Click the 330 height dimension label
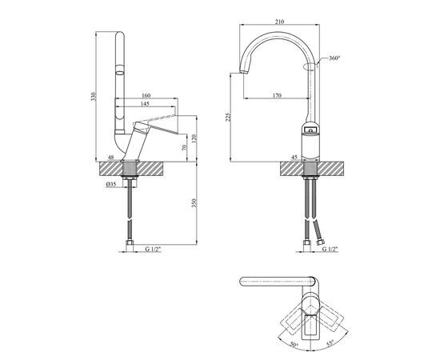(x=94, y=97)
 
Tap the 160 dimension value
(x=146, y=95)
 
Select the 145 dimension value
(x=145, y=104)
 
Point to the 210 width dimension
(x=279, y=22)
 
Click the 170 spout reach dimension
(x=277, y=96)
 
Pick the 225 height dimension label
(x=228, y=117)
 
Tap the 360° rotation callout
(x=334, y=58)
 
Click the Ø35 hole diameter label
(x=111, y=184)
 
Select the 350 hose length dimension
(x=194, y=203)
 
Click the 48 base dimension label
(x=111, y=158)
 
